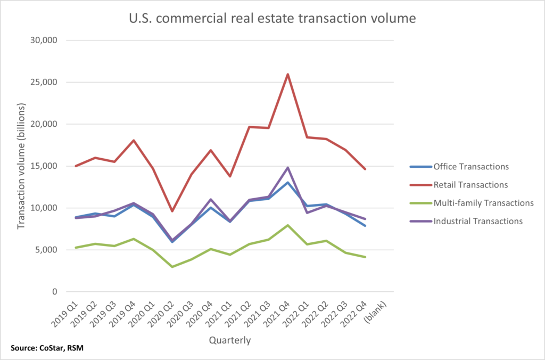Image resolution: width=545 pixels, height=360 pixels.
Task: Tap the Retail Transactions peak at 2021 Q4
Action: [288, 74]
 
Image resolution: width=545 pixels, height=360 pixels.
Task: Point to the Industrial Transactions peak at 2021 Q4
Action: [288, 168]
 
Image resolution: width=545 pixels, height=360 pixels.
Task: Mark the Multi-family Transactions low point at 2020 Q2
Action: [157, 266]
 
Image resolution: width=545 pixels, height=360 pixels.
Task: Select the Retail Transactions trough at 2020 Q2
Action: [157, 211]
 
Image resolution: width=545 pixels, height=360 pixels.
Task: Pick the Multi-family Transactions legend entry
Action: [471, 203]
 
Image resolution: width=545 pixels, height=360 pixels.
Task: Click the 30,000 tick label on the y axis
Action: [48, 40]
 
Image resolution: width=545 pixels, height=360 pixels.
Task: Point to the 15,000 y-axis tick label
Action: [48, 166]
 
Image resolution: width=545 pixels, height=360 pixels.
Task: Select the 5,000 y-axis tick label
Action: [50, 250]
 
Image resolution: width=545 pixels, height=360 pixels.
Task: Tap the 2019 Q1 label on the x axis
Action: [68, 314]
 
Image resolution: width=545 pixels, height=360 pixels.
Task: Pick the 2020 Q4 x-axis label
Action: [199, 314]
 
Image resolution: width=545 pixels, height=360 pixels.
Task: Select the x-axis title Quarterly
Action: [229, 339]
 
